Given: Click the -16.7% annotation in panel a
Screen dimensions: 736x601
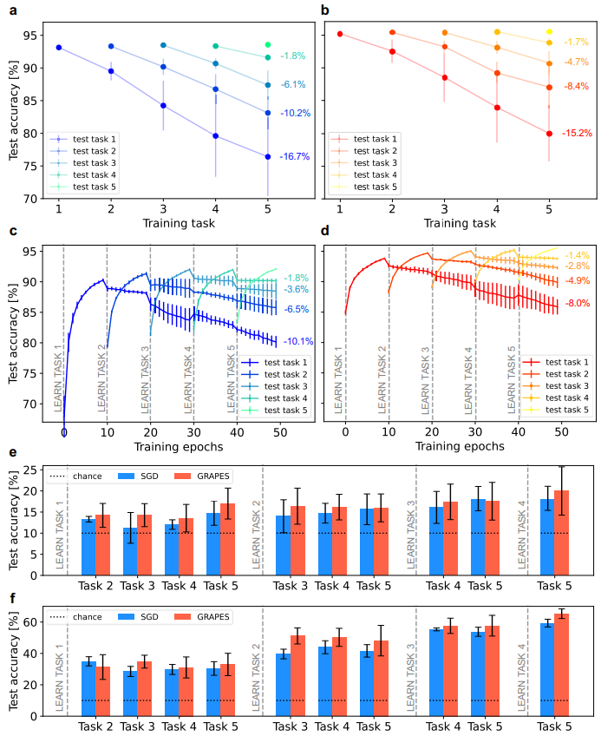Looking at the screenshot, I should point(296,157).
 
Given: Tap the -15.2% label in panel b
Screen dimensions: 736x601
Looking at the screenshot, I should point(578,134).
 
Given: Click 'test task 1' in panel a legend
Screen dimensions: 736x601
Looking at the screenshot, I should point(95,139).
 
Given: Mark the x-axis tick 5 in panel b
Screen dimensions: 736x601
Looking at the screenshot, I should point(549,209).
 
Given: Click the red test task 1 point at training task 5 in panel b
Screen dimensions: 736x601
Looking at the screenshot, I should point(549,134).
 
